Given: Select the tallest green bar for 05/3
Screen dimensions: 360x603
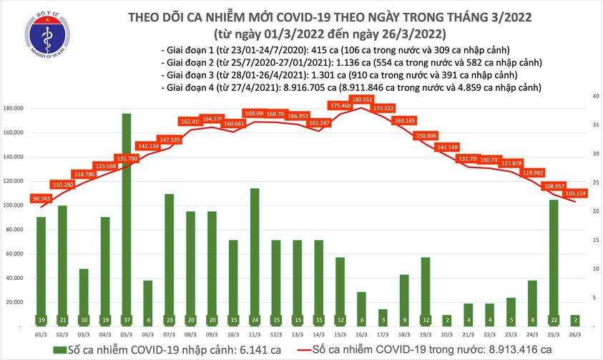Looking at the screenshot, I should coord(126,215).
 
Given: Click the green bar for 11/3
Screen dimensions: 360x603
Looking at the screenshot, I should coord(254,250).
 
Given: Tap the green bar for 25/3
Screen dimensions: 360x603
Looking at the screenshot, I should coord(553,258).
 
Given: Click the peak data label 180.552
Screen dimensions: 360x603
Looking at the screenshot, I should coord(361,99).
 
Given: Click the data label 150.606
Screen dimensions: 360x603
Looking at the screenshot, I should coord(426,135).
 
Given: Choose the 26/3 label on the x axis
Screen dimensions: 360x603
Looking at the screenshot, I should coord(575,334).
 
